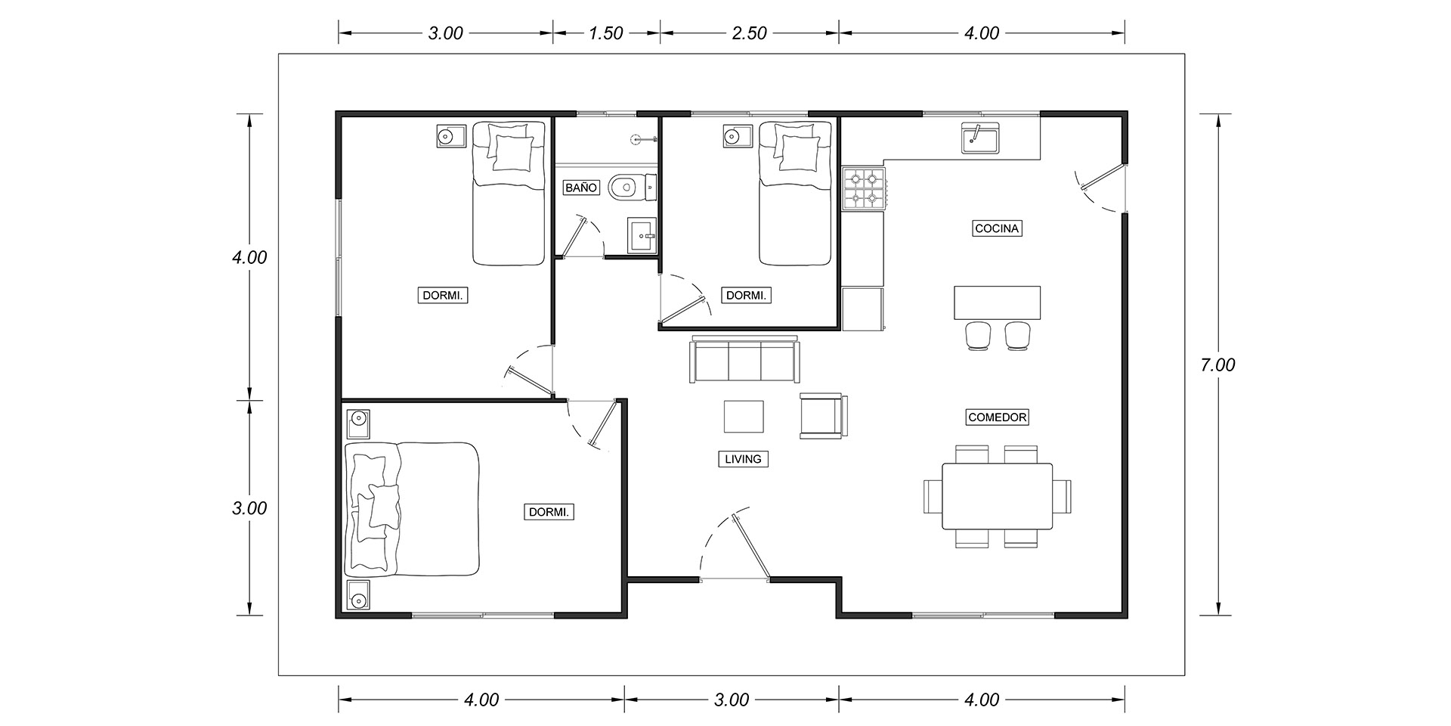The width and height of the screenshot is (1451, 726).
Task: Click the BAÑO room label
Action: click(581, 188)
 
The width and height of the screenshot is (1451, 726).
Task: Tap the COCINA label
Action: click(997, 228)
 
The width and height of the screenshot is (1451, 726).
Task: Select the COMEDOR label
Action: click(998, 417)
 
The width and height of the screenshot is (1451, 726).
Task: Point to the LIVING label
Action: click(743, 459)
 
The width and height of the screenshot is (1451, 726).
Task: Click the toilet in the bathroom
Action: click(632, 188)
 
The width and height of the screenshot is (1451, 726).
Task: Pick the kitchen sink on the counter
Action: click(978, 138)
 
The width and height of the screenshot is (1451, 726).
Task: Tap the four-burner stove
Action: click(864, 188)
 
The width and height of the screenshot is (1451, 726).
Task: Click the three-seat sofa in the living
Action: click(744, 360)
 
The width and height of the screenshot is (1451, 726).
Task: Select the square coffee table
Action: click(744, 416)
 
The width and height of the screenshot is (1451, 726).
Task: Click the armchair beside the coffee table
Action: click(824, 415)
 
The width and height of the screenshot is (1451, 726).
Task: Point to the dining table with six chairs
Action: click(998, 496)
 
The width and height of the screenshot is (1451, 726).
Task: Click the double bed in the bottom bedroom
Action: click(413, 509)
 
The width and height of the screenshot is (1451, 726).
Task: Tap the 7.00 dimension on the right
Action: click(1217, 365)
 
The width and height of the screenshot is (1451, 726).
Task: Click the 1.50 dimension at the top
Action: click(606, 33)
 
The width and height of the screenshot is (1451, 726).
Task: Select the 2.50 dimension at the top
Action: click(749, 33)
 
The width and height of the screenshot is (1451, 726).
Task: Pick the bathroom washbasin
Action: click(642, 235)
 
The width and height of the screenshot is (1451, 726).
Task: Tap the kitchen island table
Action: click(998, 303)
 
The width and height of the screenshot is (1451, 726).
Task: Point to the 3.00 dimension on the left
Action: click(249, 508)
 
